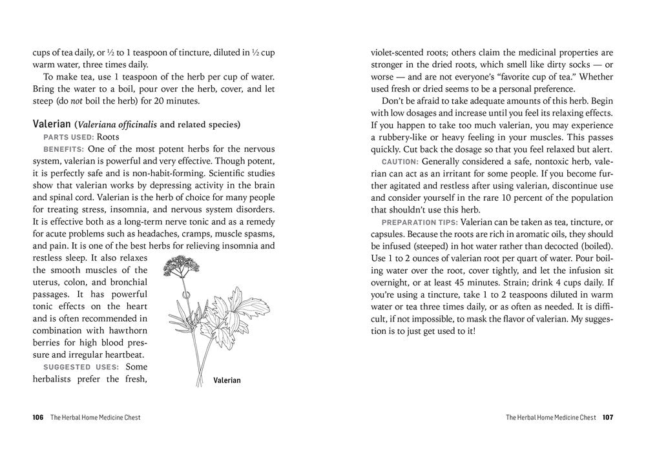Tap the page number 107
(x=607, y=417)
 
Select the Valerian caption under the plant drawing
(x=227, y=380)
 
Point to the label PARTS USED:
(x=68, y=137)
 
